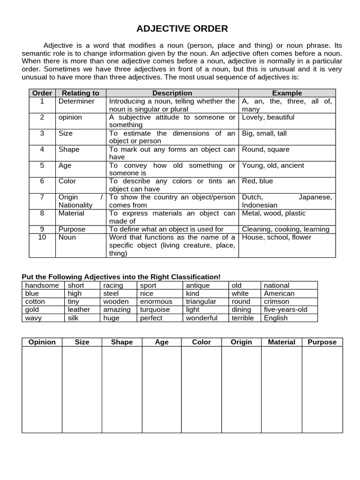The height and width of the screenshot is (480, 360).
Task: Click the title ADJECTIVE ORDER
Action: (182, 29)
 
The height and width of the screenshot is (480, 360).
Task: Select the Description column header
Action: (172, 93)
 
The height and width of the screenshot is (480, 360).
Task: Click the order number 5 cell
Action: (42, 165)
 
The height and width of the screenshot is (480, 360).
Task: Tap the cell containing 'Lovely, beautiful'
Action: (268, 117)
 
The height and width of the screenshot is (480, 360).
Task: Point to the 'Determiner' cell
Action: (76, 101)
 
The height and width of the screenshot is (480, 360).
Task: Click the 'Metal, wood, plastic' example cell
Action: (273, 213)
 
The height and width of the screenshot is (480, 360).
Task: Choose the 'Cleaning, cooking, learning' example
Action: (285, 229)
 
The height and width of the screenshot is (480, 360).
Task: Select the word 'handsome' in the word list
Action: (42, 285)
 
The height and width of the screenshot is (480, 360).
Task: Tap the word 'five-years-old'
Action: (286, 310)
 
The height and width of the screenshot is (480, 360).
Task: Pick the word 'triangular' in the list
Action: (201, 302)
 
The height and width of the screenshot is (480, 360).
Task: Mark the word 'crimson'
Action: (277, 302)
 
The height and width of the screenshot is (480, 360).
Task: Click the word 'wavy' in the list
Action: (33, 318)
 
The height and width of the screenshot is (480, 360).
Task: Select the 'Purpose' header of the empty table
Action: (322, 342)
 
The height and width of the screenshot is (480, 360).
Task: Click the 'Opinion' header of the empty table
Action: (42, 342)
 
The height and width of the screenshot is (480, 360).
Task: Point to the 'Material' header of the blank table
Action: (281, 342)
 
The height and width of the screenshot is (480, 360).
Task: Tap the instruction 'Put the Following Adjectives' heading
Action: (121, 277)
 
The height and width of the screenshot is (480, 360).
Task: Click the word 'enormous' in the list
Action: (156, 302)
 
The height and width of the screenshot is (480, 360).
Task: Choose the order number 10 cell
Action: (42, 237)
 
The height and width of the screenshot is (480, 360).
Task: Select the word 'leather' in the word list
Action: (79, 310)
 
